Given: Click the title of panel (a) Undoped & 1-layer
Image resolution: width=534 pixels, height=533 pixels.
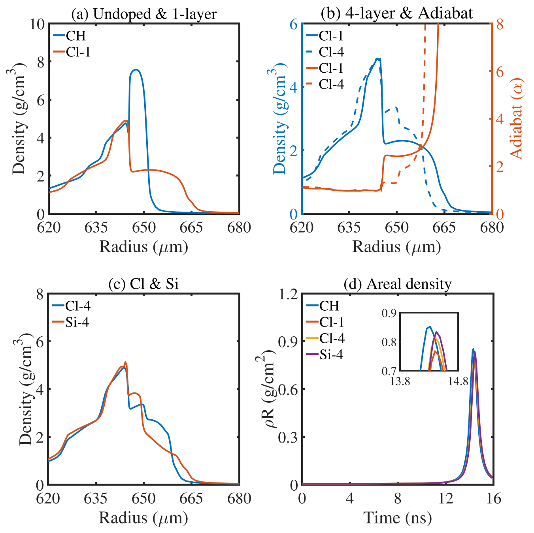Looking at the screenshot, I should (144, 14).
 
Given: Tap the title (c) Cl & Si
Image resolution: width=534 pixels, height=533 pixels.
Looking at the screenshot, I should (143, 284).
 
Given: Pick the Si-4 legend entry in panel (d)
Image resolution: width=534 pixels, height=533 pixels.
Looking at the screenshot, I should (331, 355).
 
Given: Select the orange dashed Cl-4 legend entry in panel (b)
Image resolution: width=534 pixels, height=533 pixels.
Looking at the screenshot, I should (331, 84).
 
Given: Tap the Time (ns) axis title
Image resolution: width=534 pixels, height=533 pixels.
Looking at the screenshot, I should (397, 517).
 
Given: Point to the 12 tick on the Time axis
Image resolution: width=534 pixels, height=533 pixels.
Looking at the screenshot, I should (445, 498).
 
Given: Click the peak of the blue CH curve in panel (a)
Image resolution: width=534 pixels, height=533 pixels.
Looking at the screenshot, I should (136, 69).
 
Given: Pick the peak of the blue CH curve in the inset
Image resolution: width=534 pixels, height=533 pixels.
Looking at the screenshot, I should (430, 327).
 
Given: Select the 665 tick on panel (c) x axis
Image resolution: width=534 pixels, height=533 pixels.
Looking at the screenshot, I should (191, 498).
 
